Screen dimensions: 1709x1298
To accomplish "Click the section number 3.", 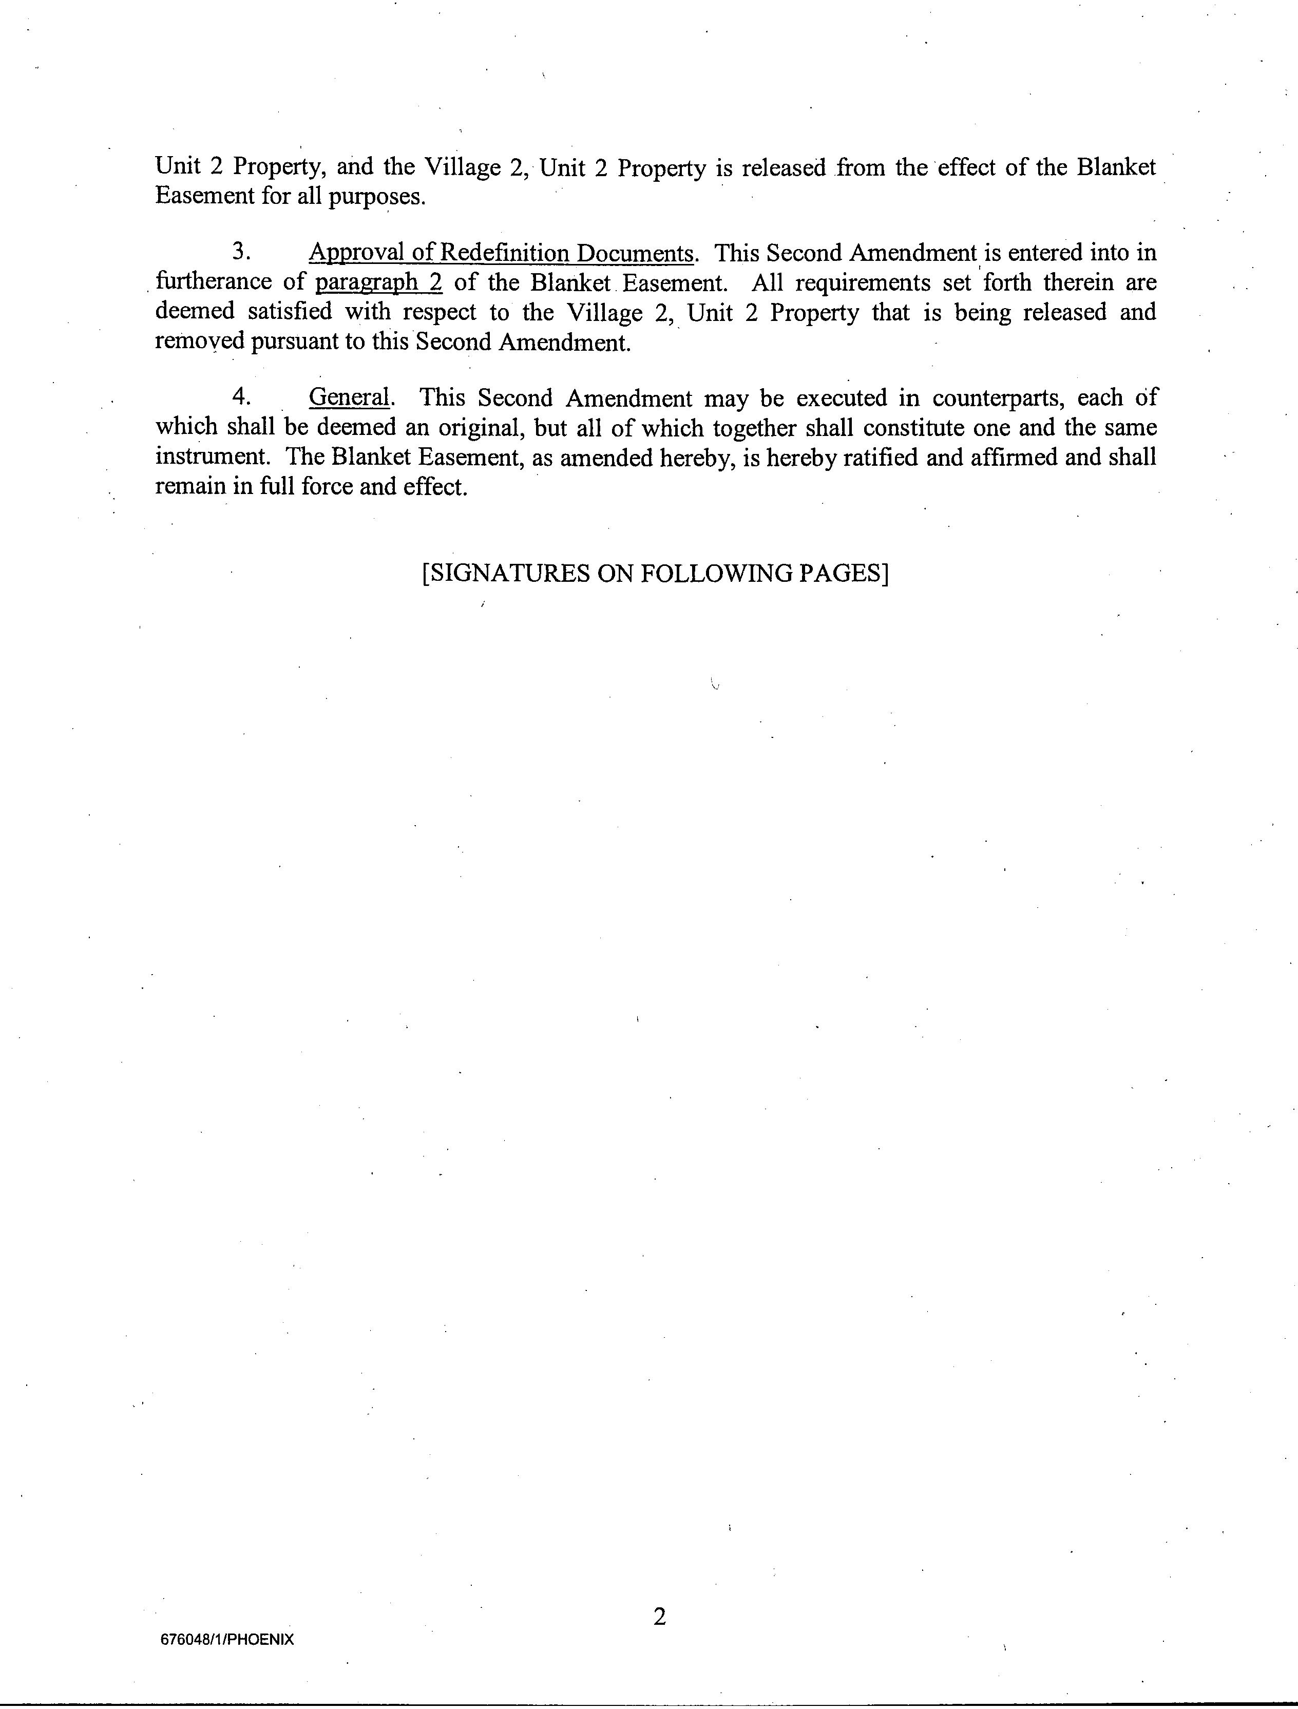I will click(x=241, y=253).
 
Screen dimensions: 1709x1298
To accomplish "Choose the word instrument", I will click(x=212, y=457).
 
